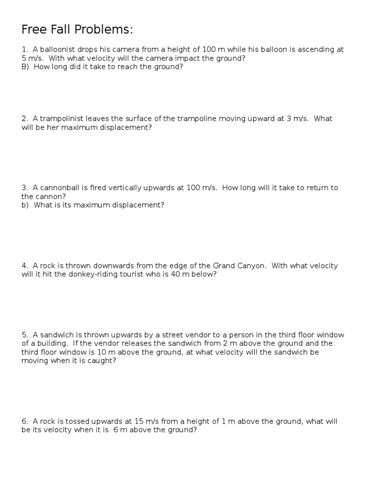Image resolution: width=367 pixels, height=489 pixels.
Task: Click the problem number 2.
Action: (x=24, y=118)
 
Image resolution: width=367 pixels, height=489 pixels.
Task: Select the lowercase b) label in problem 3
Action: (x=25, y=205)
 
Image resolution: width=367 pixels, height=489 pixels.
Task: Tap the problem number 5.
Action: (x=24, y=335)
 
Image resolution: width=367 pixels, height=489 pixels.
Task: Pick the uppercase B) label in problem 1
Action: (x=25, y=67)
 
